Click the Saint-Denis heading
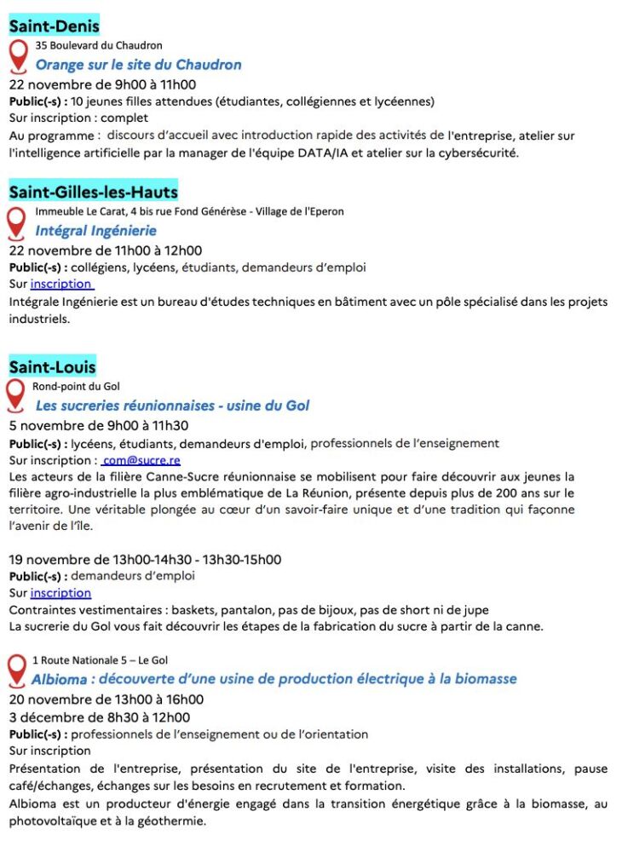[x=54, y=26]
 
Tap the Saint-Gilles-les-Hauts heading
[x=93, y=193]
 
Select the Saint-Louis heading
[x=52, y=367]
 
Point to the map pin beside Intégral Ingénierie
[x=16, y=222]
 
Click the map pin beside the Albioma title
[x=16, y=671]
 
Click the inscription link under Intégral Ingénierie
[x=61, y=284]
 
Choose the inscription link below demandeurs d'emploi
[x=60, y=593]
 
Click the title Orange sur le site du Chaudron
[x=138, y=65]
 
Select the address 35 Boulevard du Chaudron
[x=99, y=45]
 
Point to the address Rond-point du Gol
[x=76, y=386]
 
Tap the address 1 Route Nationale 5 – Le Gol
[x=100, y=660]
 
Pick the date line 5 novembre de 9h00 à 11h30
[x=99, y=425]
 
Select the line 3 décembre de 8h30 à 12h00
[x=100, y=717]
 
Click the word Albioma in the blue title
[x=60, y=679]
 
